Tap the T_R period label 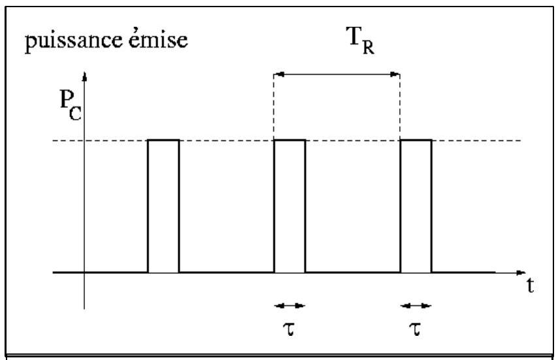tap(361, 40)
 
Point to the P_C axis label tap(70, 105)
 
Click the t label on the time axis tap(531, 285)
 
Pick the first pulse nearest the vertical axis tap(163, 206)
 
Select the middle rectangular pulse tap(289, 206)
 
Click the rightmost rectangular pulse tap(416, 206)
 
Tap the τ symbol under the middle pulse tap(289, 329)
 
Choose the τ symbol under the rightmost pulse tap(415, 329)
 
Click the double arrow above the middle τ tap(289, 306)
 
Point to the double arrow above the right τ tap(416, 306)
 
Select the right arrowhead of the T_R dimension tap(395, 74)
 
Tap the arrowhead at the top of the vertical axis tap(84, 76)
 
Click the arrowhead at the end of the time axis tap(521, 273)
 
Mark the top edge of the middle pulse tap(289, 140)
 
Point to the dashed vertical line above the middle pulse tap(274, 106)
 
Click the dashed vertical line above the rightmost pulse tap(400, 106)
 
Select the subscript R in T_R tap(369, 48)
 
